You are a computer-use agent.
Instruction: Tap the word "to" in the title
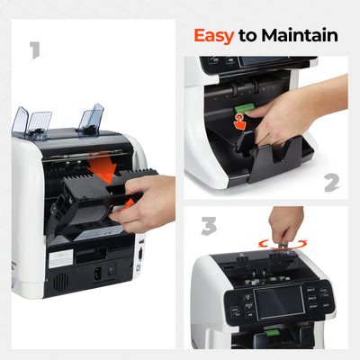(x=248, y=35)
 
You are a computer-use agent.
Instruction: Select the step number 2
(x=332, y=183)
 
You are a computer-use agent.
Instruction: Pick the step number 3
(x=209, y=225)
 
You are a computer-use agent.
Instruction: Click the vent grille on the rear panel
(x=59, y=283)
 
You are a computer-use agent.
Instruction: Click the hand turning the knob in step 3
(x=286, y=223)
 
